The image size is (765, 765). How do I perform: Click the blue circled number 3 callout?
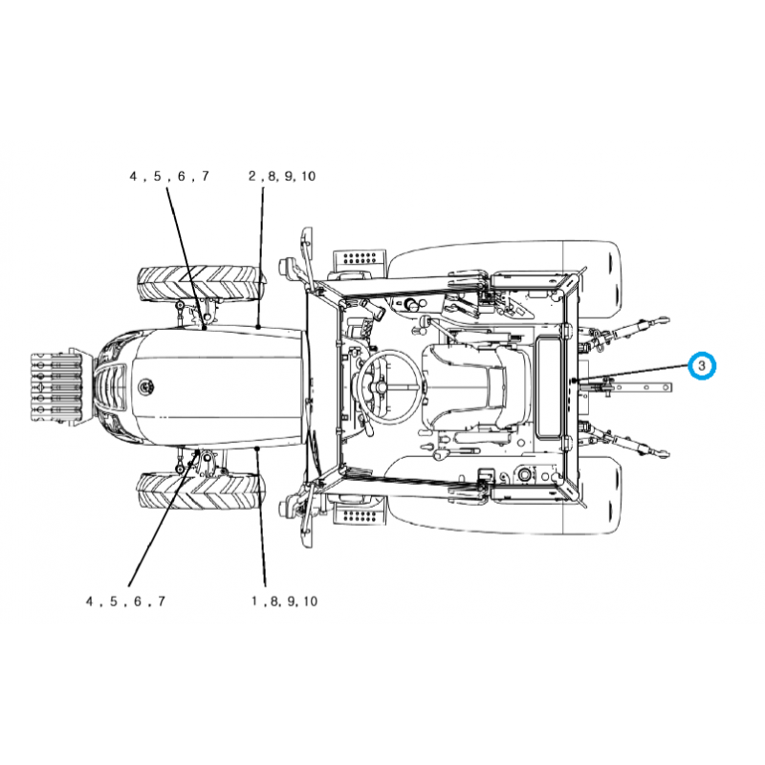[x=701, y=364]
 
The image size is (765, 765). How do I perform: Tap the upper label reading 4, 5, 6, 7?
[x=168, y=176]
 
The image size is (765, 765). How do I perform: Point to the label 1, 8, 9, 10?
[x=283, y=601]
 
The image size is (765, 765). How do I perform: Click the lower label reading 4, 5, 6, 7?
[x=125, y=601]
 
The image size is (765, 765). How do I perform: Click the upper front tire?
[x=200, y=284]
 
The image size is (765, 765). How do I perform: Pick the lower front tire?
[x=200, y=490]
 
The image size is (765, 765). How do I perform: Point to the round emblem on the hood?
[x=145, y=387]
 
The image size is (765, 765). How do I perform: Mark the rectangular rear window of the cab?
[x=550, y=384]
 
